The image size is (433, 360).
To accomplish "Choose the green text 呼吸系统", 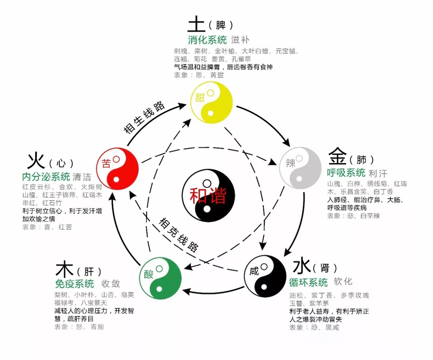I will pyautogui.click(x=346, y=173).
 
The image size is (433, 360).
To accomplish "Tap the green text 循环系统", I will pyautogui.click(x=308, y=283).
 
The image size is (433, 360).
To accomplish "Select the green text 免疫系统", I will pyautogui.click(x=74, y=284).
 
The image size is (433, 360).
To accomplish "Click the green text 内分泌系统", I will pyautogui.click(x=46, y=177).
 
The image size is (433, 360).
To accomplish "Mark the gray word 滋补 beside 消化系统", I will pyautogui.click(x=240, y=41).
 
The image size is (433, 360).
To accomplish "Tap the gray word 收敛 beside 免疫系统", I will pyautogui.click(x=111, y=284).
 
